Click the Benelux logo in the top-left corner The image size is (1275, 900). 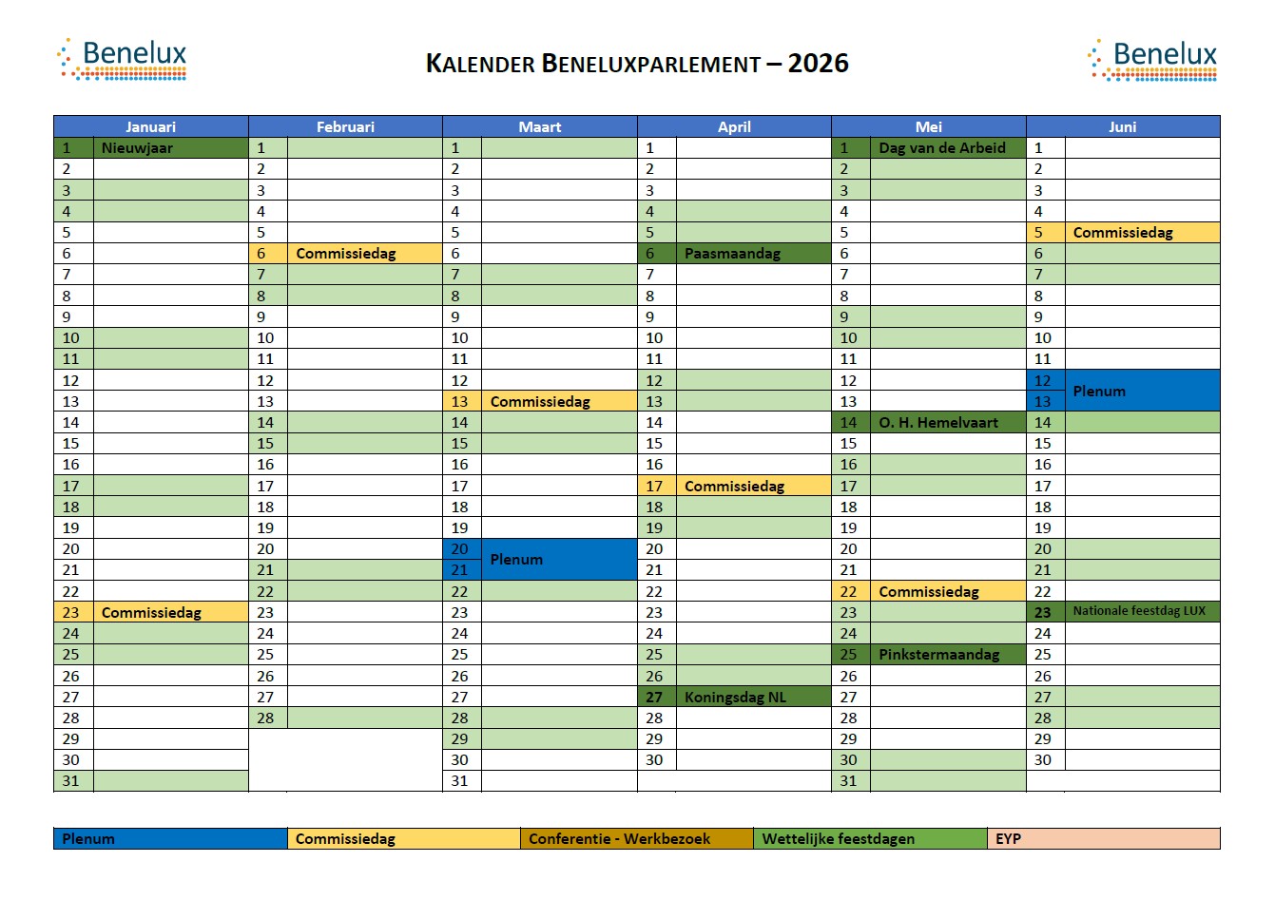(x=123, y=59)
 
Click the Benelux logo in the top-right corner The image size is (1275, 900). (x=1152, y=59)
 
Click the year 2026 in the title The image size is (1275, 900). (x=818, y=64)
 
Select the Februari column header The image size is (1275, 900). (x=345, y=126)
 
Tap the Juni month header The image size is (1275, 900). (x=1122, y=126)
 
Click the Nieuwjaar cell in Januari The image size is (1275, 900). (x=137, y=147)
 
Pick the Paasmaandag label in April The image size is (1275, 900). (x=732, y=254)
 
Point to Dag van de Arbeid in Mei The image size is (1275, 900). (x=941, y=147)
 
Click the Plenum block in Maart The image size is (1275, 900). (x=516, y=560)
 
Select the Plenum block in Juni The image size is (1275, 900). (x=1099, y=391)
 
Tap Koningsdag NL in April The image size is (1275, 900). (x=735, y=697)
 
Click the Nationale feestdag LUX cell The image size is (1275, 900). (x=1139, y=611)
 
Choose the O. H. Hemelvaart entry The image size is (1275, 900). (x=938, y=423)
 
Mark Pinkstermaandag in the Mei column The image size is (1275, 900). (x=938, y=655)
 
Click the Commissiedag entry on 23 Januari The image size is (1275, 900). (x=151, y=613)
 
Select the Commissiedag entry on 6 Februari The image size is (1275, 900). (x=345, y=254)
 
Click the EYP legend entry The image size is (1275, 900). (x=1103, y=839)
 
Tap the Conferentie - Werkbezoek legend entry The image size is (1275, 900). (x=619, y=839)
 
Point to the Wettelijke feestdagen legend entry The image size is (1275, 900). (x=838, y=839)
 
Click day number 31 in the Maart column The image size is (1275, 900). (x=460, y=781)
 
